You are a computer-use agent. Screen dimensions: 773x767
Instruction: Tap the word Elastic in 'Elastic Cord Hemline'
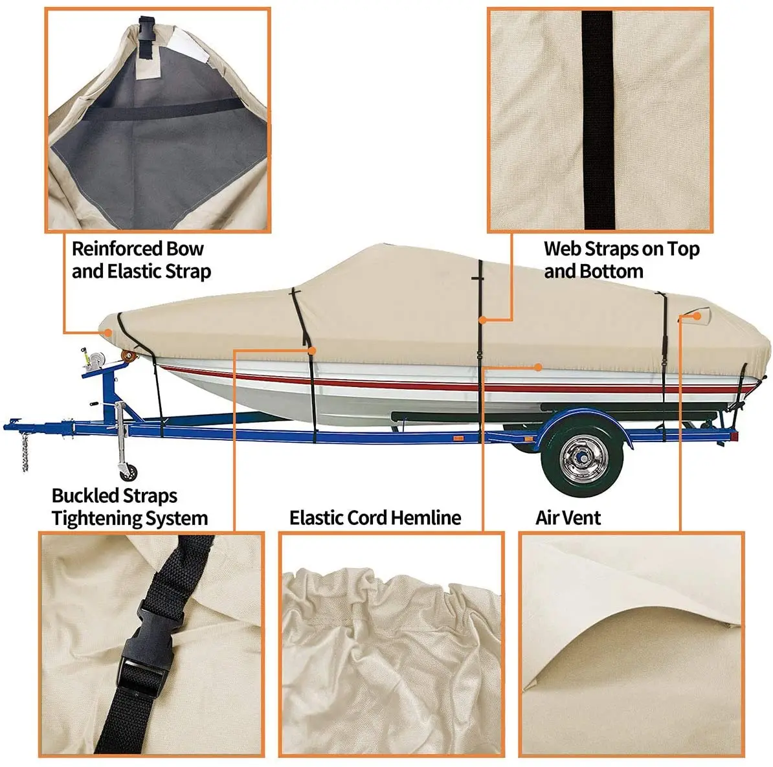point(315,518)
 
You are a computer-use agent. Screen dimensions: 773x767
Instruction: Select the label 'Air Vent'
point(568,518)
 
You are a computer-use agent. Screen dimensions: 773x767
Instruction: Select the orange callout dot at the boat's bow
point(107,332)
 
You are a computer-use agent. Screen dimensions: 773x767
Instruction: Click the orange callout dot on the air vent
point(697,317)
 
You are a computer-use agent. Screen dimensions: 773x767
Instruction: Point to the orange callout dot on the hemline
point(538,367)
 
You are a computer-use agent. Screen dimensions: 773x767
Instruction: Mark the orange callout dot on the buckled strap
point(312,350)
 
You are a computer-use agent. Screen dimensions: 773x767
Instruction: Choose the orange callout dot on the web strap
point(483,319)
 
